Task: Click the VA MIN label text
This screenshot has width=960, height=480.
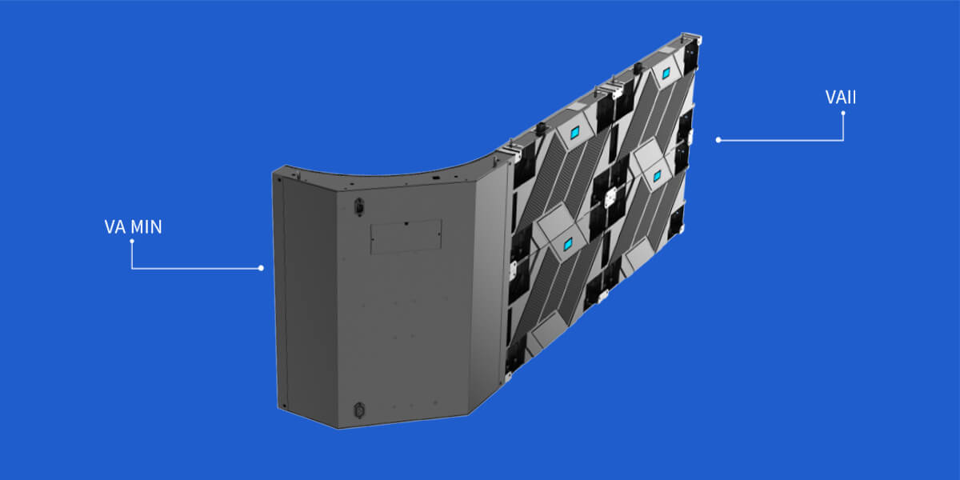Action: (134, 226)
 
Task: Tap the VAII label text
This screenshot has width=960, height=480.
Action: (841, 98)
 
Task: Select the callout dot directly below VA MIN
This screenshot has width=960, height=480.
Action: (132, 242)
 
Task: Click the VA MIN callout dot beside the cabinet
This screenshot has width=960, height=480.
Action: (261, 268)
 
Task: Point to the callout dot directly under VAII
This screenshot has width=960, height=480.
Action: (843, 113)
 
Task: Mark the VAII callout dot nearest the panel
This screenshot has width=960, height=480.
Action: (718, 140)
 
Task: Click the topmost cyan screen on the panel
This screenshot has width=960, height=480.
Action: (666, 74)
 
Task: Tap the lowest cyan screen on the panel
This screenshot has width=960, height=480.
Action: (568, 245)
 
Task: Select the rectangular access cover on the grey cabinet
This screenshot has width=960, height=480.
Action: (406, 237)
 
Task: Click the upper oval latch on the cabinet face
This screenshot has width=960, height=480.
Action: (359, 206)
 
